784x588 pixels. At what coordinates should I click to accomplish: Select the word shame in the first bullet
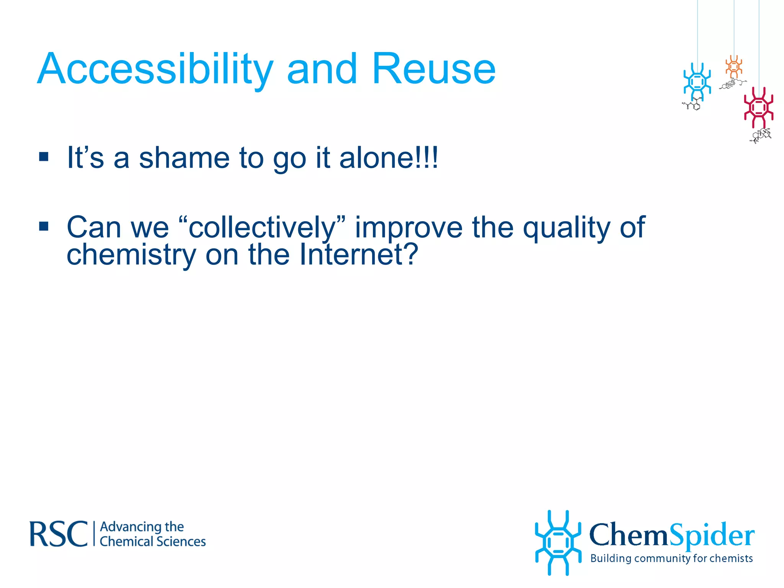[184, 158]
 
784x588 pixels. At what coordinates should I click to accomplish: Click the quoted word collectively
[262, 228]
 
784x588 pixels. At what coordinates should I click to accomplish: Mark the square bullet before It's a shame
[44, 157]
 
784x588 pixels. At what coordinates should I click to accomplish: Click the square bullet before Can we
[44, 227]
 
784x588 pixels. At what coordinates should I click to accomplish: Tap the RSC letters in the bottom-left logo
[59, 534]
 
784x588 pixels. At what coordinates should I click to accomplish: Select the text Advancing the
[142, 527]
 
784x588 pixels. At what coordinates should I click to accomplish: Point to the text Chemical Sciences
[152, 542]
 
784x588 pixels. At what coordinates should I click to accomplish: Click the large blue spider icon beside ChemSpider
[558, 543]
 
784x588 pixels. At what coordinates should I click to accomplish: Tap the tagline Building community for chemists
[671, 559]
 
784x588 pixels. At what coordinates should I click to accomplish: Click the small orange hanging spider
[734, 67]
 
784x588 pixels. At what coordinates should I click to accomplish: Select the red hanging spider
[758, 108]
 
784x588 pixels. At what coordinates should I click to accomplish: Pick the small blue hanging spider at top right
[697, 82]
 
